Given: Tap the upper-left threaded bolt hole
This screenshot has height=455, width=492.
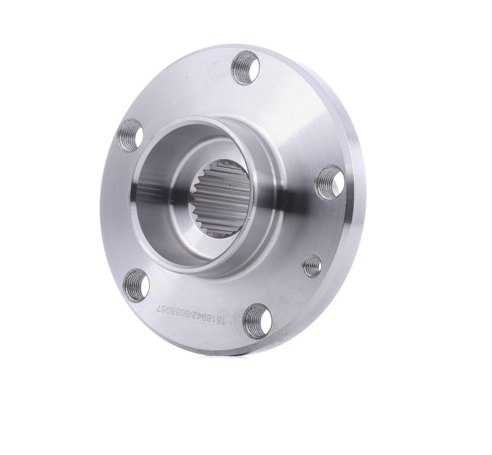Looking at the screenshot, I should pyautogui.click(x=131, y=135).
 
